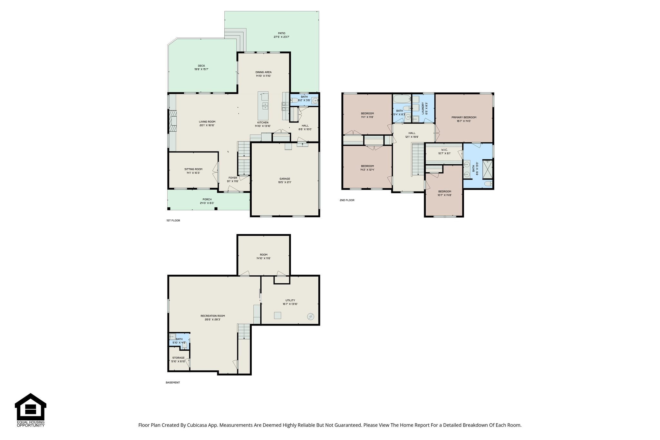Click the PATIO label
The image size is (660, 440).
coord(281,33)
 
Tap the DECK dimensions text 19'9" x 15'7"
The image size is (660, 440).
coord(201,69)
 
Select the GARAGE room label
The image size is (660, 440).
coord(285,179)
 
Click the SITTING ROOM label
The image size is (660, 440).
coord(193,169)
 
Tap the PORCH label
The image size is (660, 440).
coord(207,199)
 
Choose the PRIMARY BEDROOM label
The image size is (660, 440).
coord(464,117)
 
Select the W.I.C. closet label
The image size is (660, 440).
coord(444,150)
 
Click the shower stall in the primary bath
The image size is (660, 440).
coord(487,169)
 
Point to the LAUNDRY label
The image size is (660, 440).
coord(422,109)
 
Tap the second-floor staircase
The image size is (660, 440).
coord(418,160)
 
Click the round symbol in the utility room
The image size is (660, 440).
coord(311,317)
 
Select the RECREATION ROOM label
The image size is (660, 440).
coord(213,316)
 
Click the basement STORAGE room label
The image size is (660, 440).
coord(178,358)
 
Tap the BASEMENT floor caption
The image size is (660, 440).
coord(173,383)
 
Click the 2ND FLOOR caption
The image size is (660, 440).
coord(347,200)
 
